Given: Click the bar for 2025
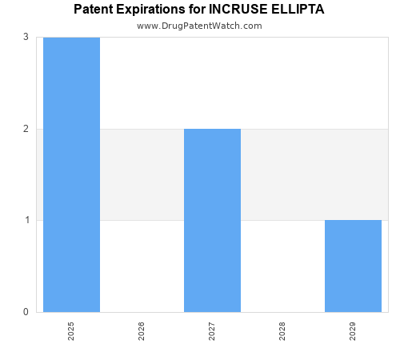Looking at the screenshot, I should (71, 174).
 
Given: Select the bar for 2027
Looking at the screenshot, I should (212, 220).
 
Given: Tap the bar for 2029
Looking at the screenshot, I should (353, 266).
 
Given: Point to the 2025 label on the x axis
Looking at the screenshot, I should (71, 331).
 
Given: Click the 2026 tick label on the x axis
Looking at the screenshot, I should (142, 331).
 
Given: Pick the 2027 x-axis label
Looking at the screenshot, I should (212, 331).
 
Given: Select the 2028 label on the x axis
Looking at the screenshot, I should (282, 331).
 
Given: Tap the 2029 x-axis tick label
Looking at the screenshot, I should (353, 331).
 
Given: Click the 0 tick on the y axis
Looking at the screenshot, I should (26, 312).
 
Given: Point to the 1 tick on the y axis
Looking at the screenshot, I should (26, 220).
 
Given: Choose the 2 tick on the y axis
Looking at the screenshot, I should (26, 129).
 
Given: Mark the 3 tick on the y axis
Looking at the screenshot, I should (26, 38).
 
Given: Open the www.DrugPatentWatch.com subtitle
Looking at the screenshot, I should (199, 26).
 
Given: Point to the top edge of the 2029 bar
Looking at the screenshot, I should (353, 220).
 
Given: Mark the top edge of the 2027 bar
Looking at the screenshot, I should (212, 129).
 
